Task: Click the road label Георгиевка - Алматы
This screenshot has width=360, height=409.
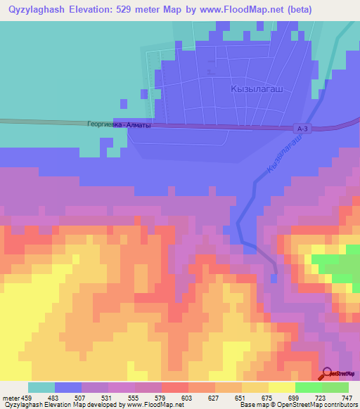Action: [x=119, y=124]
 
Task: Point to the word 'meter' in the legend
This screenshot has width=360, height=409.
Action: [x=11, y=398]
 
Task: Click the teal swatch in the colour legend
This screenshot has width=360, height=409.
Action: [x=41, y=387]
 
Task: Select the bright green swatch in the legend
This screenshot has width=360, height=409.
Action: [x=309, y=387]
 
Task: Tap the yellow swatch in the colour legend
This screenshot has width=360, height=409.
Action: [x=282, y=387]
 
